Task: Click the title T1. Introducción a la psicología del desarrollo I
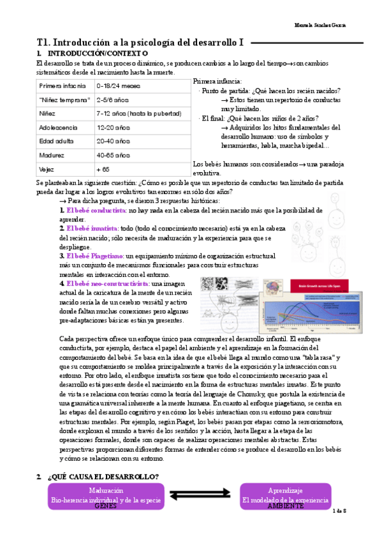(x=140, y=43)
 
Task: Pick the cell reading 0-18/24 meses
(x=119, y=85)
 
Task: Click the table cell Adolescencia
(x=59, y=127)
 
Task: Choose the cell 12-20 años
(x=113, y=127)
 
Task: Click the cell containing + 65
(x=103, y=169)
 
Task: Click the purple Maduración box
(x=106, y=495)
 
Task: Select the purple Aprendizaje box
(x=285, y=495)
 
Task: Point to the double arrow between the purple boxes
(x=196, y=495)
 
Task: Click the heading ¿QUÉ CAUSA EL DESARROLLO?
(x=103, y=477)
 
